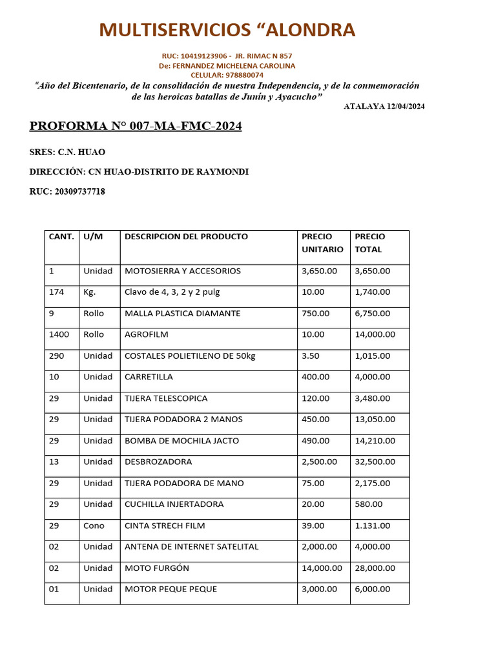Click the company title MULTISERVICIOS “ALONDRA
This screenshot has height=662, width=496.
pyautogui.click(x=227, y=30)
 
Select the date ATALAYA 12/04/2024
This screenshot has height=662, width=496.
pyautogui.click(x=384, y=106)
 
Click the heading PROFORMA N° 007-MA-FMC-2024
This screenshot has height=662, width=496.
pyautogui.click(x=136, y=126)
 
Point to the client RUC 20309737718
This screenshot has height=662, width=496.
pyautogui.click(x=67, y=191)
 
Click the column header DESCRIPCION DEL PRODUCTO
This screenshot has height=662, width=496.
pyautogui.click(x=186, y=237)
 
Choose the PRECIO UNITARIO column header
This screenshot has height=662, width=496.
pyautogui.click(x=322, y=242)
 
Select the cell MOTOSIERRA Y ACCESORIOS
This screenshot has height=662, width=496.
pyautogui.click(x=182, y=271)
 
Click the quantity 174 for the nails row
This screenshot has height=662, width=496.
pyautogui.click(x=56, y=292)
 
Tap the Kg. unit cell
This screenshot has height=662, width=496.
pyautogui.click(x=89, y=292)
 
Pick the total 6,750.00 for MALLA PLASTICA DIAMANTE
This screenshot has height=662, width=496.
pyautogui.click(x=373, y=314)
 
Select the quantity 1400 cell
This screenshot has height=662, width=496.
pyautogui.click(x=59, y=335)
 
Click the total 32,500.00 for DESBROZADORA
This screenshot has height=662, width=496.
pyautogui.click(x=375, y=462)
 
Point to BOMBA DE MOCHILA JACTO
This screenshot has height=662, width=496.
pyautogui.click(x=181, y=441)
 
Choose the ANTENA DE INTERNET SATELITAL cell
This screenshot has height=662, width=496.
pyautogui.click(x=191, y=547)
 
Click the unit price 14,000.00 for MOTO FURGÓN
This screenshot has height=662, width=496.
pyautogui.click(x=322, y=568)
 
